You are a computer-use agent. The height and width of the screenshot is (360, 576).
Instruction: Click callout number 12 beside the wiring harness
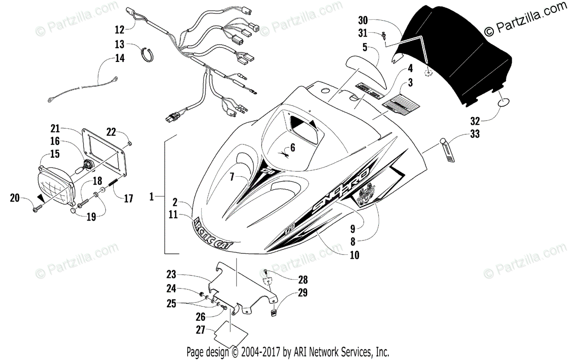click(119, 29)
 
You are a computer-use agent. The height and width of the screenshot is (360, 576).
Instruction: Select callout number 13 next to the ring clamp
click(119, 44)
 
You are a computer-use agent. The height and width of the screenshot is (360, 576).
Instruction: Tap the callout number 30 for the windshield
click(364, 21)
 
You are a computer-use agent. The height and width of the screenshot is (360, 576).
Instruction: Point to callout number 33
click(475, 134)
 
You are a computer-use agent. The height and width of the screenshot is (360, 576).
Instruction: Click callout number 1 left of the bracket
click(152, 196)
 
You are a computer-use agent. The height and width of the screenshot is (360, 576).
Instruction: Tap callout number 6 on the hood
click(293, 148)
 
